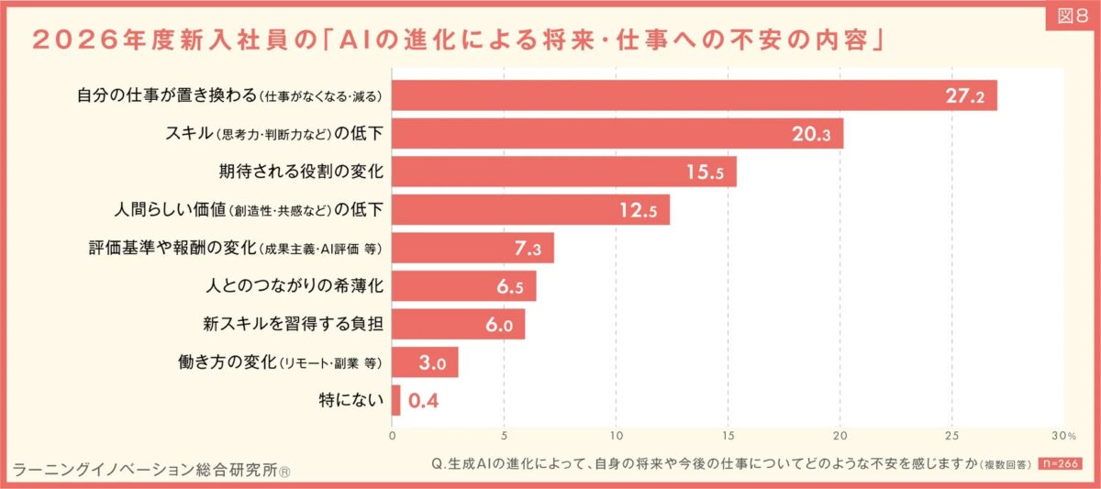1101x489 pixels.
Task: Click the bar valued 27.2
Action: (695, 95)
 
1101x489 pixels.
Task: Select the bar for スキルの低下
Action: (617, 134)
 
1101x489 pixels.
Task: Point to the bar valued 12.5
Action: (530, 210)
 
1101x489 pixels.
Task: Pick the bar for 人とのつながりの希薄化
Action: (463, 286)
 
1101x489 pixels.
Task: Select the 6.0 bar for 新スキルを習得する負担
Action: (458, 325)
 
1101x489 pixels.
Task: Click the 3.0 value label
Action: (431, 362)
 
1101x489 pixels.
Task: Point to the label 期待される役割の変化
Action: (300, 172)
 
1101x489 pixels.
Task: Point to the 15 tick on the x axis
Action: (728, 434)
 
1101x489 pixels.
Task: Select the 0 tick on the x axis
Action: (393, 434)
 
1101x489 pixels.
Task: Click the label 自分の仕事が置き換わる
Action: (166, 95)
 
